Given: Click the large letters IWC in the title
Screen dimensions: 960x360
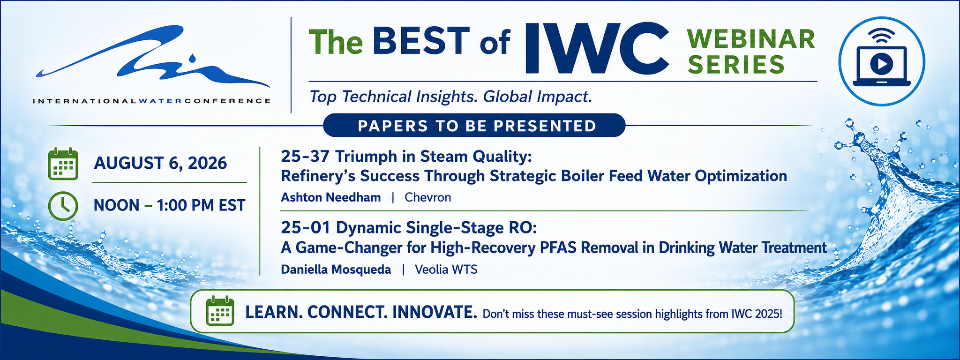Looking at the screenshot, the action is point(597,48).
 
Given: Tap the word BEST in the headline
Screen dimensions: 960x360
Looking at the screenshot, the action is point(421,41).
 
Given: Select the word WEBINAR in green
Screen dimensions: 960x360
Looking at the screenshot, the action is point(751,39).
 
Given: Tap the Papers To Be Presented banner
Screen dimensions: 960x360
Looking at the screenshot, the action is point(474,126).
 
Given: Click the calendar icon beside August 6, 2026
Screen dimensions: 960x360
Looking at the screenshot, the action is point(63,164).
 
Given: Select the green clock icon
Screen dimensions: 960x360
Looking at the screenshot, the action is point(63,205).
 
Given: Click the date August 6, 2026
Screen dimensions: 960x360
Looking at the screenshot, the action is point(160,163).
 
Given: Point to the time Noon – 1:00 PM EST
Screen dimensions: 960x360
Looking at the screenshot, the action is point(169,205).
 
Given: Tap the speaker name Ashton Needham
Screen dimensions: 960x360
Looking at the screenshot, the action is point(330,197).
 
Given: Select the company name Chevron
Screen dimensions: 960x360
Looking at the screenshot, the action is point(428,197).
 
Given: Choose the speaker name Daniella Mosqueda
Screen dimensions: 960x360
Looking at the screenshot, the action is point(336,270).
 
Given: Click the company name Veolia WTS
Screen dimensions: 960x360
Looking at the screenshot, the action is point(446,270).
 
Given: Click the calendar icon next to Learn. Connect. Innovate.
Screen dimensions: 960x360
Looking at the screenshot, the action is point(220,311).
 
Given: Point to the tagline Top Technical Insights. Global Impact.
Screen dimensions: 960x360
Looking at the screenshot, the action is point(451,97).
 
